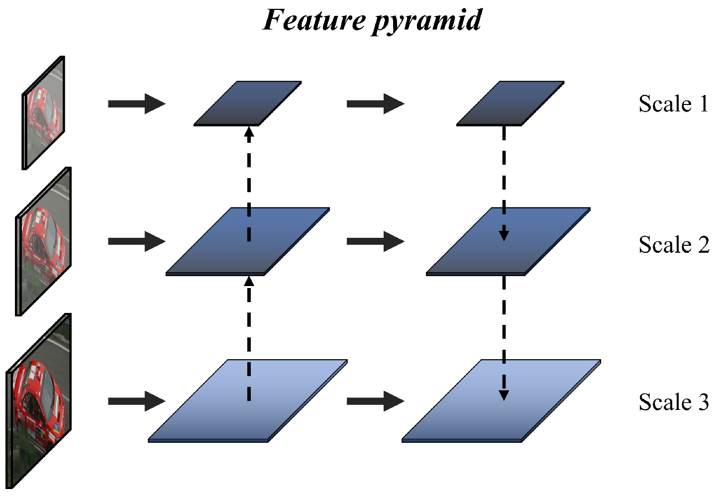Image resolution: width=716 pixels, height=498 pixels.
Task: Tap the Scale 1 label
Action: click(x=673, y=104)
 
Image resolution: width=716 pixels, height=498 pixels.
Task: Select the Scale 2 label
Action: click(x=674, y=245)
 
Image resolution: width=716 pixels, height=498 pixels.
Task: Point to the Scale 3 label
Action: click(x=673, y=402)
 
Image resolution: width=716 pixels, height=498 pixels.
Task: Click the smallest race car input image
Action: click(x=44, y=113)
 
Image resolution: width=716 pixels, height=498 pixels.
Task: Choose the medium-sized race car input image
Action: click(x=44, y=241)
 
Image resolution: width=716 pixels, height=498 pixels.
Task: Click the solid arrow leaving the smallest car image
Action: click(x=136, y=104)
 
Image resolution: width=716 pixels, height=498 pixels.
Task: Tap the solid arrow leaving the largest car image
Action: click(x=136, y=401)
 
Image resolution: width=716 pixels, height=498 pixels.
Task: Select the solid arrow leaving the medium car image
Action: click(x=136, y=242)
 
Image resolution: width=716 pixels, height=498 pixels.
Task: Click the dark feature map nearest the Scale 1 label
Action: click(x=510, y=103)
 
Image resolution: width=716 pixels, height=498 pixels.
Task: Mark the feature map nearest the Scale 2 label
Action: click(x=508, y=241)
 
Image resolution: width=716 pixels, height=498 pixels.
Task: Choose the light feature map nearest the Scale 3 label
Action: click(x=501, y=400)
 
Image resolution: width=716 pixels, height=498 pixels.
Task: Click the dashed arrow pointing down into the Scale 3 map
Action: click(x=504, y=338)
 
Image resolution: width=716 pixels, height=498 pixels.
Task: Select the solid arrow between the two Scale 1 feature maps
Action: click(x=375, y=104)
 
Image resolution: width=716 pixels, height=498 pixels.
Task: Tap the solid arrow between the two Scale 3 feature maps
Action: click(x=375, y=401)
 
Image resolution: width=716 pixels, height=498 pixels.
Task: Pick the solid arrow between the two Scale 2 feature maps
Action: click(x=375, y=242)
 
